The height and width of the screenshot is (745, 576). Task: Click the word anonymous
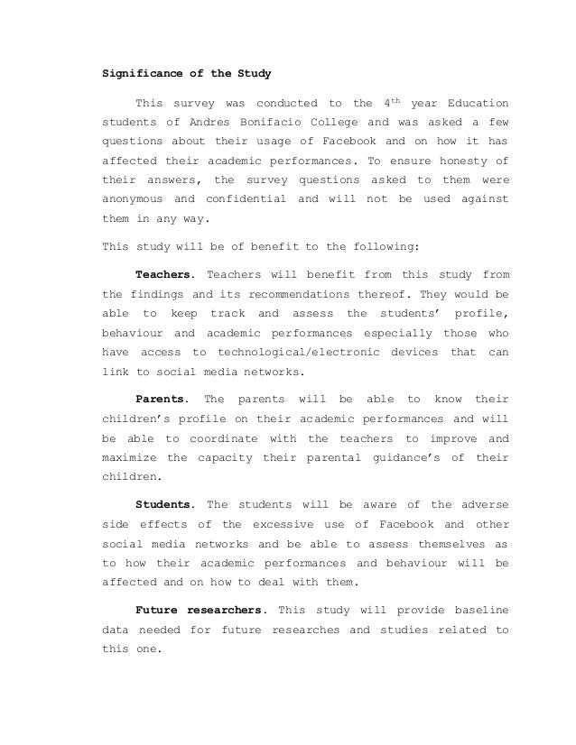point(135,198)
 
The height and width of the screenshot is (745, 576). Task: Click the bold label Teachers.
point(164,273)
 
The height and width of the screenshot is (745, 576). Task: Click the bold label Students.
point(164,504)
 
